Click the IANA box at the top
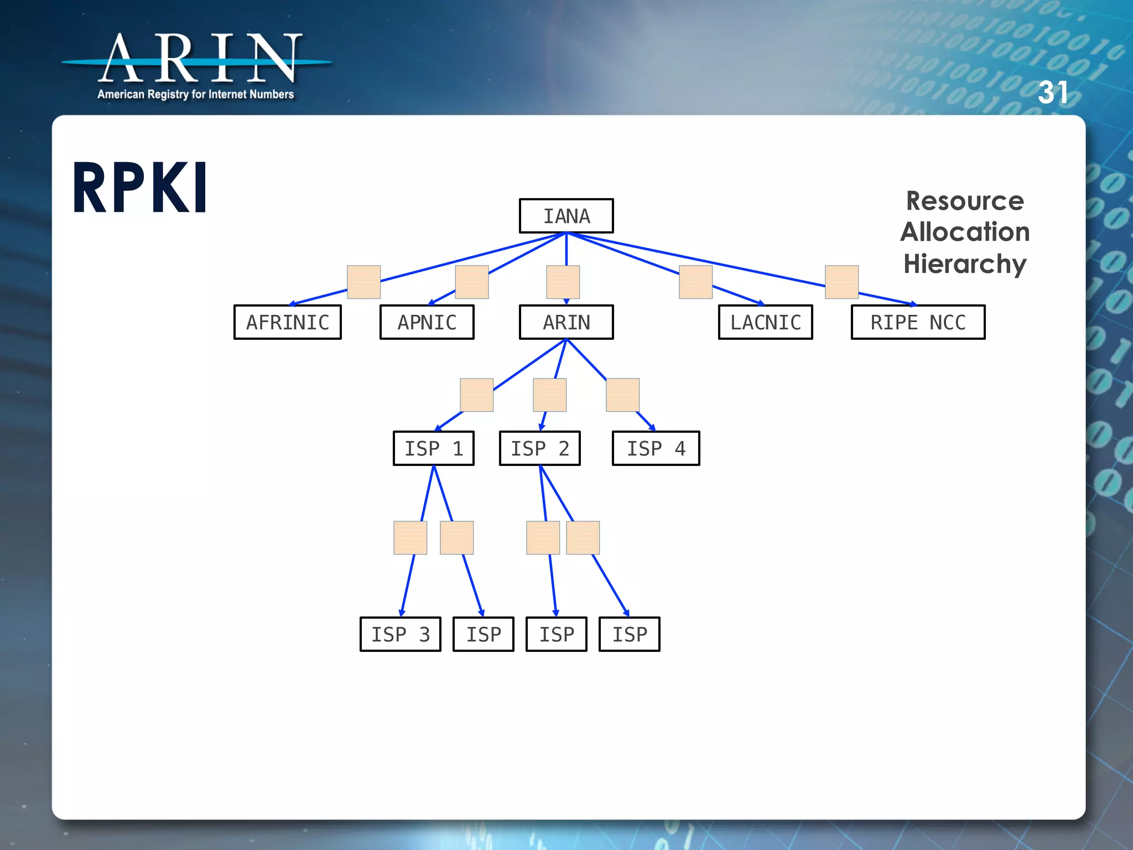coord(566,216)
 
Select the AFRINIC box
coord(288,322)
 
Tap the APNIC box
coord(427,322)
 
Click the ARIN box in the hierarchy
coord(566,322)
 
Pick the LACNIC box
coord(766,322)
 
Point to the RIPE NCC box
coord(918,322)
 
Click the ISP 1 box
coord(434,448)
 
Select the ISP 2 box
coord(540,448)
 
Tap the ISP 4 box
coord(656,448)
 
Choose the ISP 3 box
coord(401,634)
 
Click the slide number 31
coord(1052,92)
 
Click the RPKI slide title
coord(141,188)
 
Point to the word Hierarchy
coord(965,263)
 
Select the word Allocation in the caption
coord(965,232)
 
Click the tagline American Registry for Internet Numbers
coord(196,95)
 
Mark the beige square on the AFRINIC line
coord(363,282)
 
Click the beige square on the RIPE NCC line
coord(841,282)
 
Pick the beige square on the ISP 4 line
coord(623,395)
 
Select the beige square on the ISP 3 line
coord(410,537)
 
